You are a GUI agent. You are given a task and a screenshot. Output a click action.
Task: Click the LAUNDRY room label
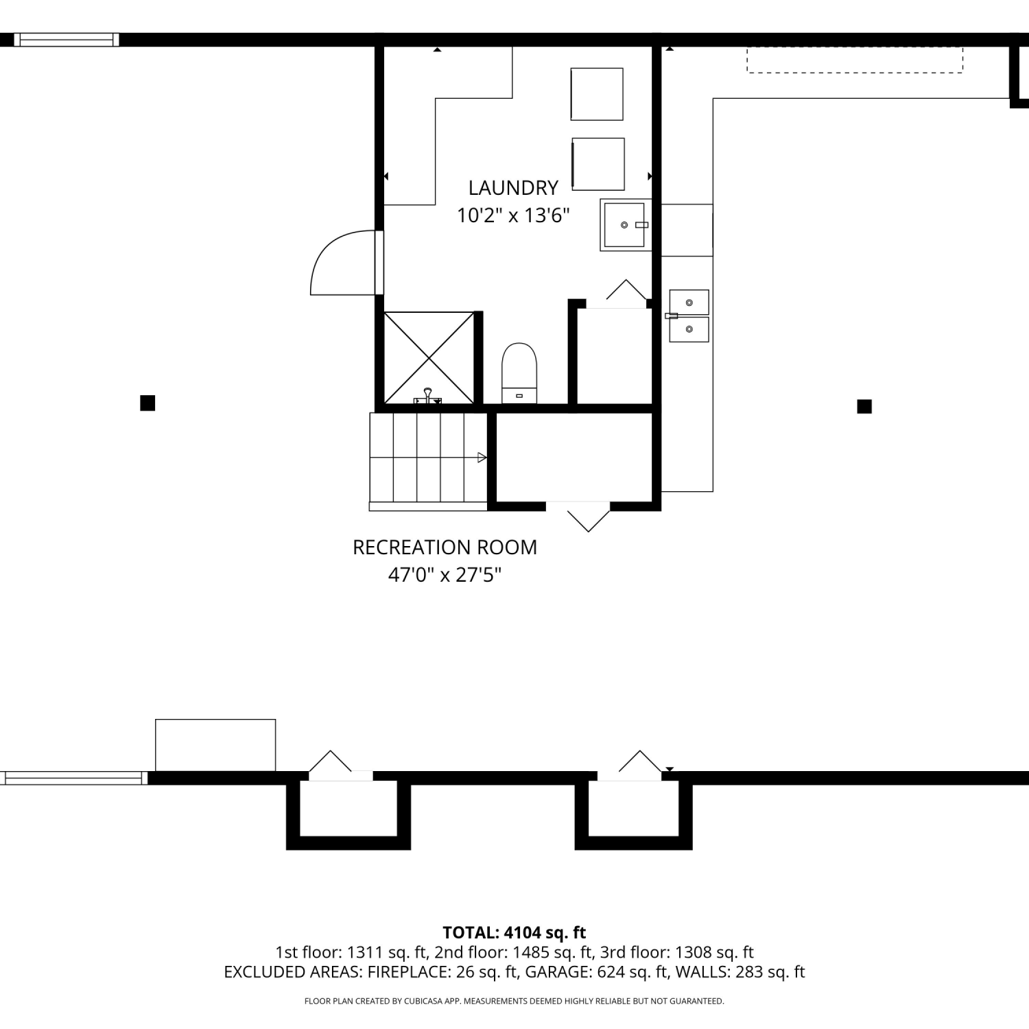coord(513,188)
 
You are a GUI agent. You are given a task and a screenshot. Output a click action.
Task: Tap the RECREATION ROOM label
coord(445,547)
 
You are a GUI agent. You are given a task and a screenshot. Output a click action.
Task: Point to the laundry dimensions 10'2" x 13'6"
coord(514,216)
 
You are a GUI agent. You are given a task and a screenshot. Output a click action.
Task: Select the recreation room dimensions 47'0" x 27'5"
coord(445,575)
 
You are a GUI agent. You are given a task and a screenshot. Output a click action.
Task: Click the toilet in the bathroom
coord(519,373)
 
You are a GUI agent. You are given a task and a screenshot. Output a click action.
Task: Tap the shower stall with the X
coord(429,357)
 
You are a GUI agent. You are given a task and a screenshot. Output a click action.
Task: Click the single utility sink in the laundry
coord(625,225)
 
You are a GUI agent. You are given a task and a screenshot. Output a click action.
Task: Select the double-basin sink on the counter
coord(689,316)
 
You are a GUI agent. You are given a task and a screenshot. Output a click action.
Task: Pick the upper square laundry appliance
coord(597,94)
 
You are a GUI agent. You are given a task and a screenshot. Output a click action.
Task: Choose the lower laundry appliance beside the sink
coord(598,164)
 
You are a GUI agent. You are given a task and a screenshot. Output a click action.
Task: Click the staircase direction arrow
coord(482,458)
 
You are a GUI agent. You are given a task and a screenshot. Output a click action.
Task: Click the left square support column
coord(147,403)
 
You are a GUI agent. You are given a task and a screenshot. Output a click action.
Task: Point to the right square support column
coord(864,407)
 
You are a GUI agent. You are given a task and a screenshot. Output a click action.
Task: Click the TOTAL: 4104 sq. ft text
coord(514,932)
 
